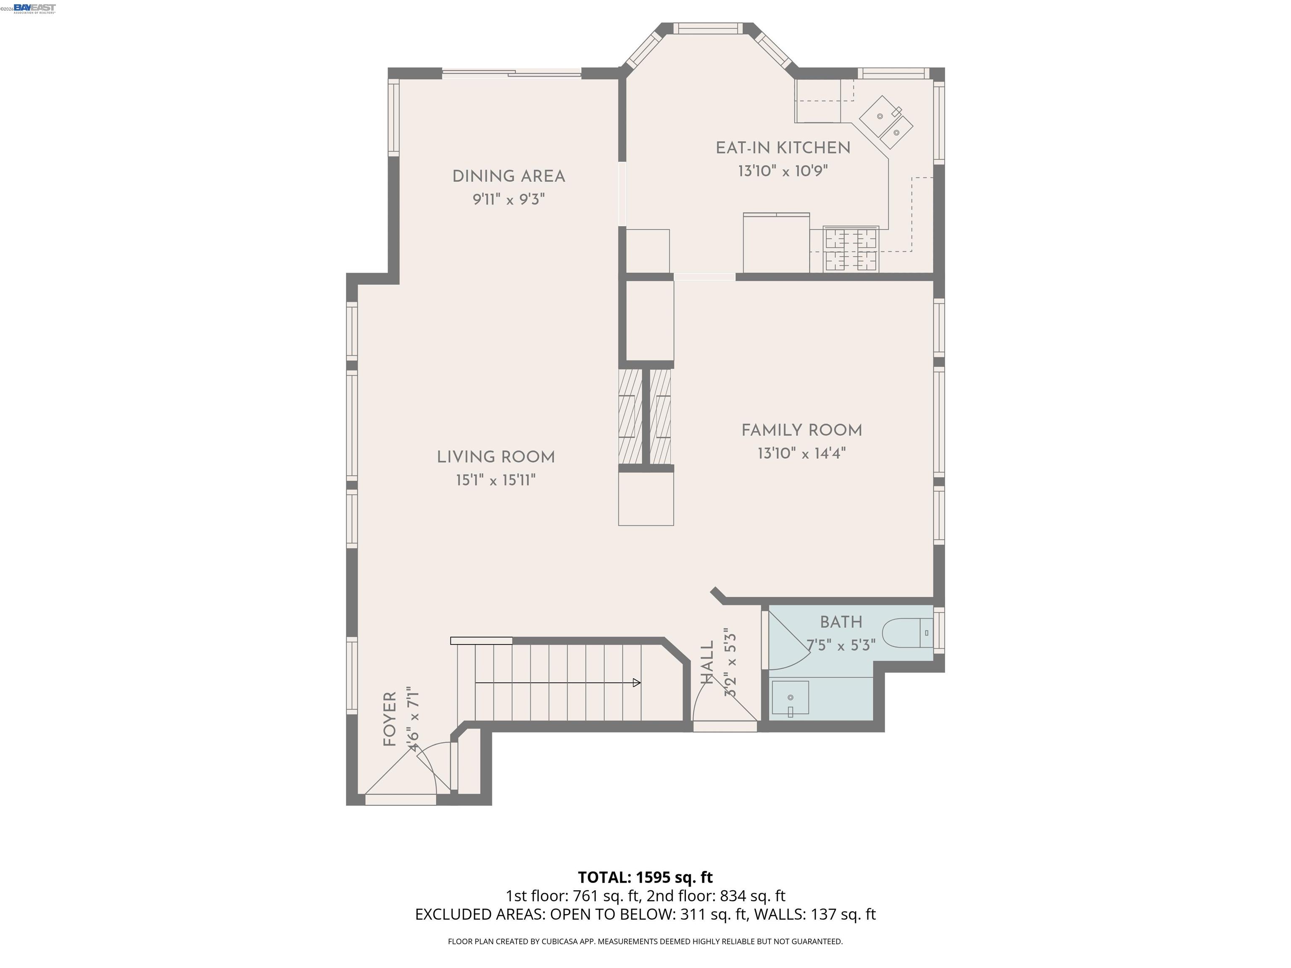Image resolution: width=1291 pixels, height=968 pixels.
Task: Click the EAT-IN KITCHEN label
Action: [783, 148]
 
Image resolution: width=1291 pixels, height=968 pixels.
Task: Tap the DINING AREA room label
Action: [508, 176]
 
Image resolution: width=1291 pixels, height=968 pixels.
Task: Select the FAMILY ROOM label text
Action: [801, 431]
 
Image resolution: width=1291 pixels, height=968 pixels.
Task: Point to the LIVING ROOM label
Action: [495, 458]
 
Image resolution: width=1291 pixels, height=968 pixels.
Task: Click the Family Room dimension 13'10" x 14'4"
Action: [801, 453]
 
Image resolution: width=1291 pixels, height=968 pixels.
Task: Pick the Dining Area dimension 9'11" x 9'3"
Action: [508, 200]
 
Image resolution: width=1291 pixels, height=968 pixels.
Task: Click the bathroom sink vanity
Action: [790, 698]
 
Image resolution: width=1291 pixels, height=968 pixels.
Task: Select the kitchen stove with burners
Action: [850, 250]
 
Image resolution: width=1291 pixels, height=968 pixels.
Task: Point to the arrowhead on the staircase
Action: [637, 683]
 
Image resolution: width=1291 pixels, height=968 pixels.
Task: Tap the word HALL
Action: [707, 662]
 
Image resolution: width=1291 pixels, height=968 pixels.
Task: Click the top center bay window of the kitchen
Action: [708, 28]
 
